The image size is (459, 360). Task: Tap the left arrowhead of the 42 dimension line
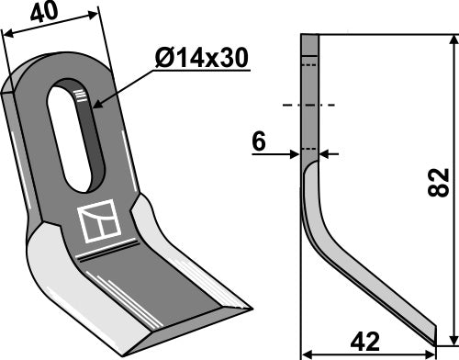(x=308, y=351)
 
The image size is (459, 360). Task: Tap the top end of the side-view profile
(x=308, y=36)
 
